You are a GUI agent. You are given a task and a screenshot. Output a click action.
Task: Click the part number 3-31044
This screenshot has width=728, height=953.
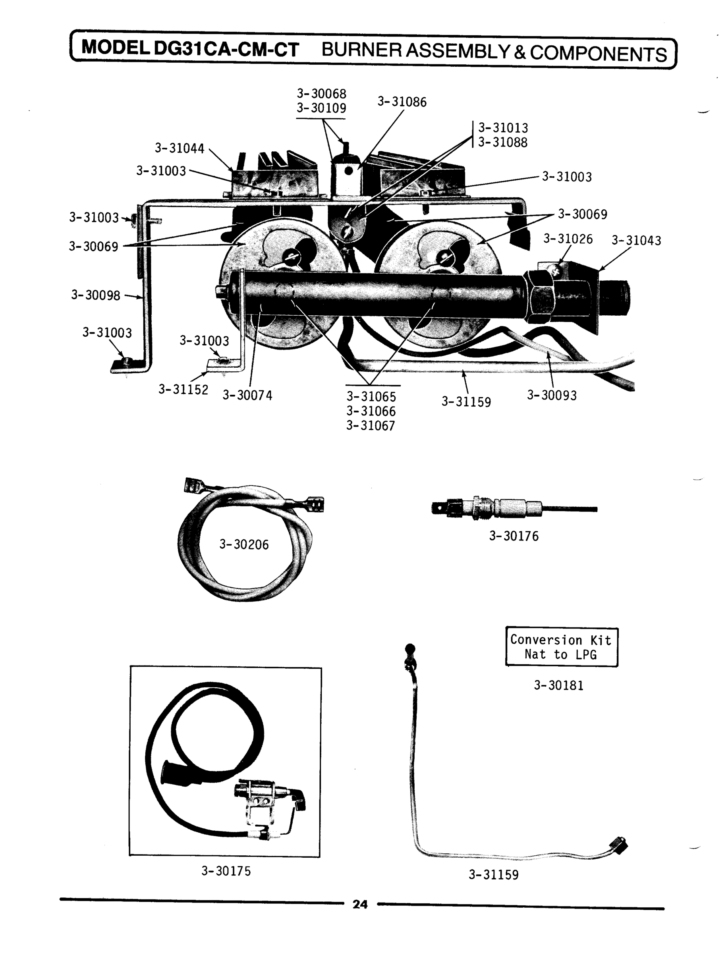(x=180, y=148)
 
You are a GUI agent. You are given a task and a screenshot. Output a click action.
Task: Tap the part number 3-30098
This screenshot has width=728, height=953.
(x=96, y=295)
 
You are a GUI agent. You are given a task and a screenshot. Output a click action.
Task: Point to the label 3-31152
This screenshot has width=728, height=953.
(x=183, y=390)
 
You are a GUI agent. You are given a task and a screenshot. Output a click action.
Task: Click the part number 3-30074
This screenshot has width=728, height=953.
(x=247, y=395)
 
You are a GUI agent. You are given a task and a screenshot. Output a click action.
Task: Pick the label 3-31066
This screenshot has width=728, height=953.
(x=371, y=411)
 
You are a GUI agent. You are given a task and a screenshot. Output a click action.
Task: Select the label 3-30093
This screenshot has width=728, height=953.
(x=552, y=395)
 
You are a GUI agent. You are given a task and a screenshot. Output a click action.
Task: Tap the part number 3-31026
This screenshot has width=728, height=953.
(x=568, y=239)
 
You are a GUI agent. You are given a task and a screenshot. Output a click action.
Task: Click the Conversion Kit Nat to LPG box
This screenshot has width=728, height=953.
(x=561, y=647)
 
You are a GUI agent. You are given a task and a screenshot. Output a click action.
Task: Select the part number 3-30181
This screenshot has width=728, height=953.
(x=558, y=685)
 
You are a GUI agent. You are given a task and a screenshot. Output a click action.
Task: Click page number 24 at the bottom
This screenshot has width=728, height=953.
(x=360, y=904)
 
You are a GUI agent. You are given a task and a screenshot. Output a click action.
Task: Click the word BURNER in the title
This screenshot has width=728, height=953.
(x=361, y=50)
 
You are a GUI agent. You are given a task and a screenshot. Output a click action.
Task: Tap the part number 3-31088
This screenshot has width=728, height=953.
(x=503, y=142)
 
